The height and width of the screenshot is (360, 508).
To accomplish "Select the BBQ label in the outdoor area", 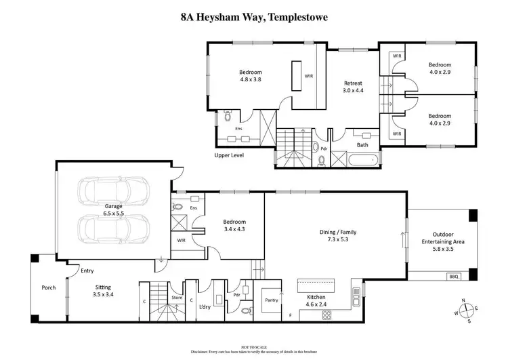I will pos(453,276).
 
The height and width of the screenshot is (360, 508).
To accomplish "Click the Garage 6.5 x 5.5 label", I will pos(114,209).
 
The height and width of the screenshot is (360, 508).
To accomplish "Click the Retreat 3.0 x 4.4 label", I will pos(354,86).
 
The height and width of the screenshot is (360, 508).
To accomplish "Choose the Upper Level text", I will pos(230,155).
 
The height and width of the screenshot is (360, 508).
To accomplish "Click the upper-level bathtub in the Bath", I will pos(361,161).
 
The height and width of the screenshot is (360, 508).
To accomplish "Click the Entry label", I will pos(87,271).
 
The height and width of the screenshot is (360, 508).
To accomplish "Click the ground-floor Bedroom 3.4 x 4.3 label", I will pos(234,226).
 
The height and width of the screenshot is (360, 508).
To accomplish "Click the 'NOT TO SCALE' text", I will pos(253,345).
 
